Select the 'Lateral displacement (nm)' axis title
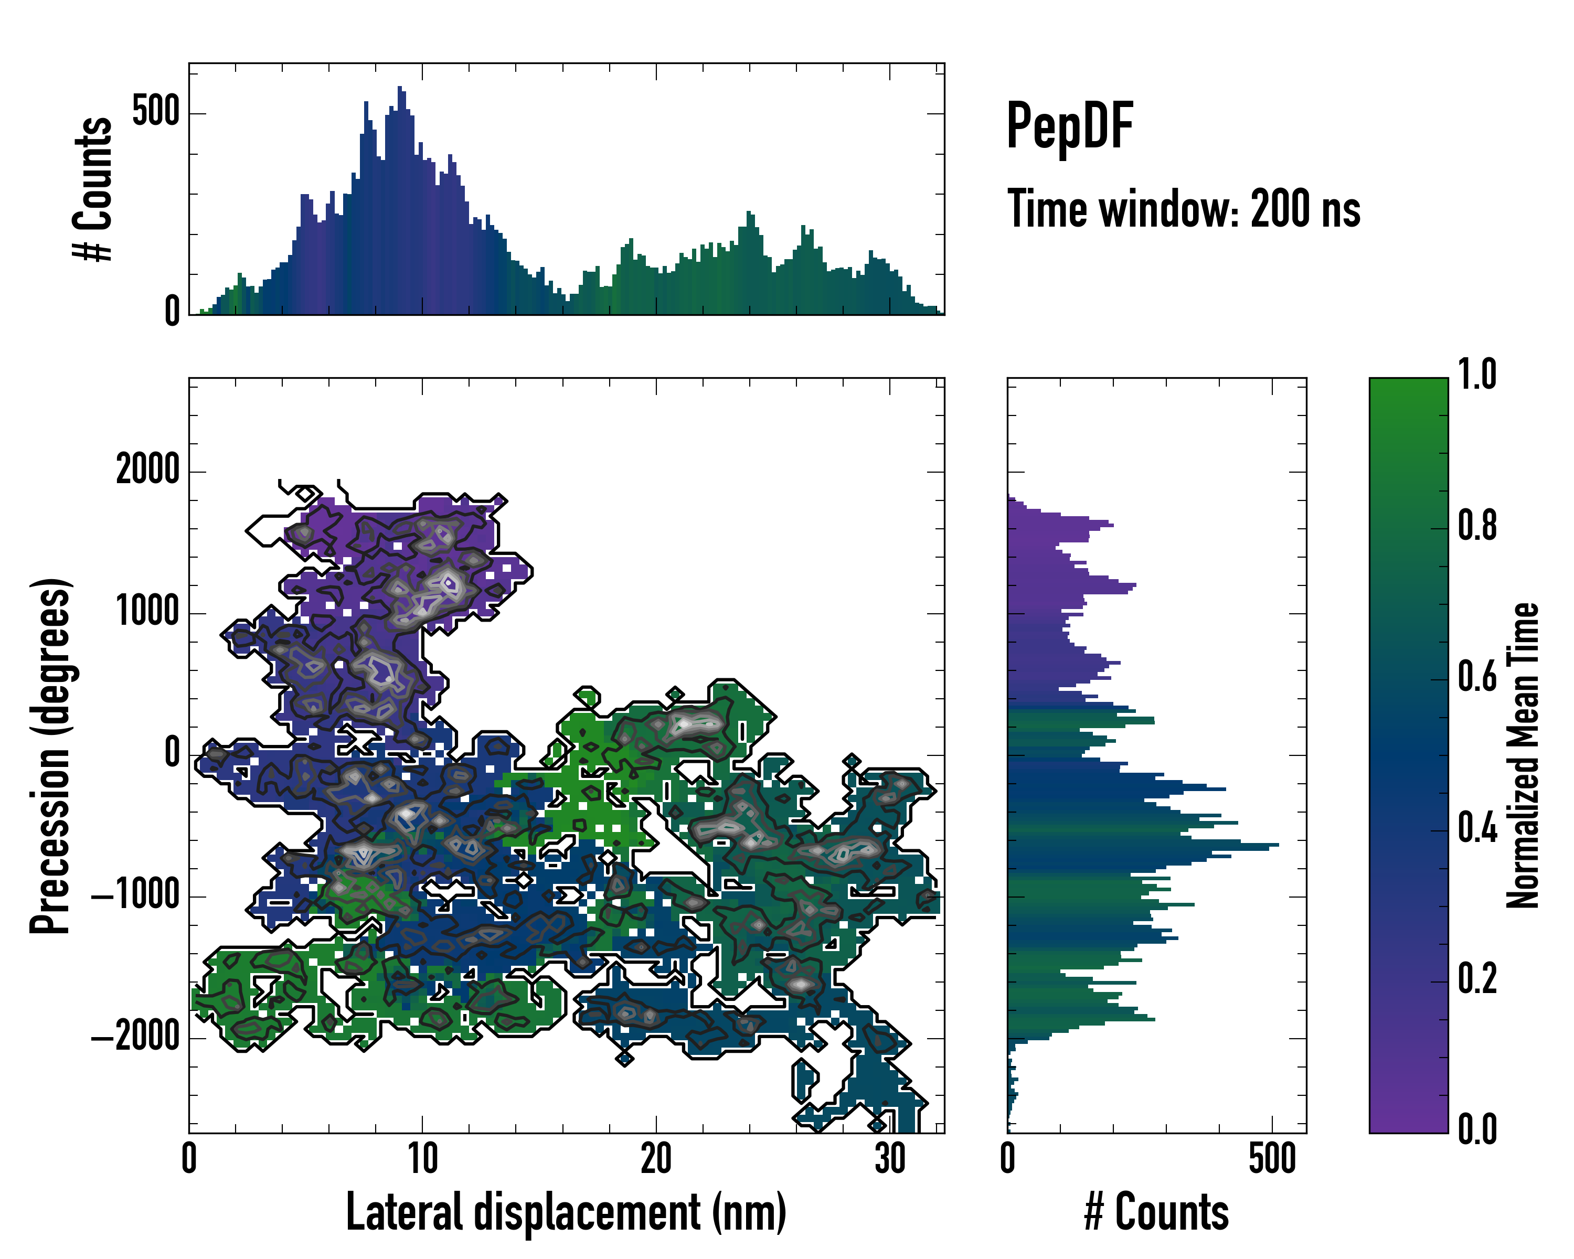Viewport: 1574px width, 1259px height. click(566, 1212)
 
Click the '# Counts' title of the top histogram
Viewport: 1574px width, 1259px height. click(93, 188)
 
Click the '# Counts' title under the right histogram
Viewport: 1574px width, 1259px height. click(1156, 1212)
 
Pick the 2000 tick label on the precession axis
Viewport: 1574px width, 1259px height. click(147, 470)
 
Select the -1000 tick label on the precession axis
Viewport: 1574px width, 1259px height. click(135, 895)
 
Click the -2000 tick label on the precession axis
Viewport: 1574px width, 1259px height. click(135, 1037)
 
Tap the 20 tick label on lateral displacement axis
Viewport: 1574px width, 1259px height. click(656, 1158)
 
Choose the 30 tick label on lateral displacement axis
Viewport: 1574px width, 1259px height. click(889, 1158)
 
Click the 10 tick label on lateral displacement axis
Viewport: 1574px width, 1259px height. click(422, 1158)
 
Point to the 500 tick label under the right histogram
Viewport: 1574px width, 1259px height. click(1272, 1158)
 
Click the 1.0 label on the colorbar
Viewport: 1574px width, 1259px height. click(1477, 375)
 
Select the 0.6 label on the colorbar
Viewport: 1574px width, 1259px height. click(1477, 677)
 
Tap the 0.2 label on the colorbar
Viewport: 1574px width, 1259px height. click(1477, 979)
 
